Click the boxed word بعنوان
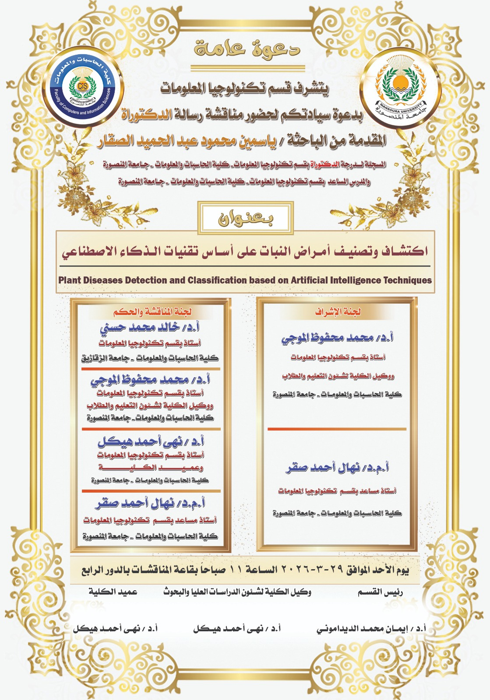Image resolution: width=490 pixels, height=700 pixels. click(x=246, y=218)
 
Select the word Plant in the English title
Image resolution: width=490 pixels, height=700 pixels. click(x=70, y=280)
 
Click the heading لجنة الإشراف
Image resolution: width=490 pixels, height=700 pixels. click(x=338, y=312)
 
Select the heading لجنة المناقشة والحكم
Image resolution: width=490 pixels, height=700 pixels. click(x=152, y=312)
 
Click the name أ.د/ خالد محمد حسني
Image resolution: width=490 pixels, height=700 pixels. click(x=150, y=328)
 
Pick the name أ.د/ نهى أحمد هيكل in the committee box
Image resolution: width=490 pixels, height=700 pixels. click(x=151, y=442)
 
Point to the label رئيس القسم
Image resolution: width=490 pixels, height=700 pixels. click(x=380, y=592)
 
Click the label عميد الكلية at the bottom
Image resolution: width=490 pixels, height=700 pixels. click(x=113, y=592)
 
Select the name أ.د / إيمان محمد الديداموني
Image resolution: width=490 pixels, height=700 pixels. click(x=371, y=629)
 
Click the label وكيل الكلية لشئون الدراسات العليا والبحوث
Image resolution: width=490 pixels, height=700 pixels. click(x=237, y=592)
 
